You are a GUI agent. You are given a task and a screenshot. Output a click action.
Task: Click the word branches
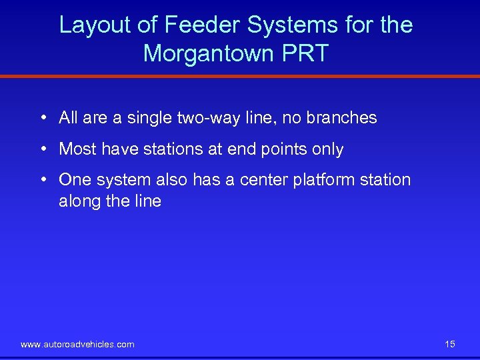point(341,118)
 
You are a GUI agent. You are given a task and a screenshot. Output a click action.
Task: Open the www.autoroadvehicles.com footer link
point(77,344)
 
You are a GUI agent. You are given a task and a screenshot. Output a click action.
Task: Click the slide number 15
point(450,344)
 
